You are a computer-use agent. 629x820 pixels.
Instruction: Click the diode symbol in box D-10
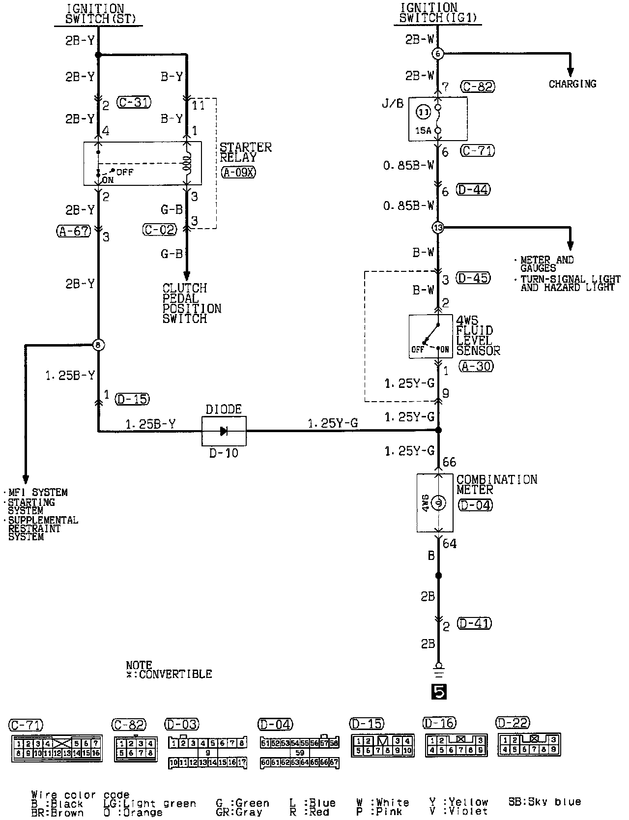[224, 431]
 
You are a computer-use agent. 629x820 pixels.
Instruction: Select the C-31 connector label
[134, 102]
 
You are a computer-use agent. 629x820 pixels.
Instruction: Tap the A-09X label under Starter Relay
[238, 172]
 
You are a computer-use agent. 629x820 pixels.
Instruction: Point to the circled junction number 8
[98, 345]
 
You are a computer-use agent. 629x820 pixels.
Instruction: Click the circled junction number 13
[437, 228]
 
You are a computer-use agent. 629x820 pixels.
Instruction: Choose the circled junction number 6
[437, 54]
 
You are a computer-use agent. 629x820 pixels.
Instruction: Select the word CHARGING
[572, 84]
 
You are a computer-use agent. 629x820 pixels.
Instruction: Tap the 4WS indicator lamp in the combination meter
[438, 503]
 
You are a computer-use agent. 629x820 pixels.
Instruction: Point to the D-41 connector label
[474, 623]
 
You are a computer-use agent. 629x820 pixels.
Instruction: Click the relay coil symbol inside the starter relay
[187, 163]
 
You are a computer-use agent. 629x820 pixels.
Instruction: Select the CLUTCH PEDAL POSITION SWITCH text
[192, 303]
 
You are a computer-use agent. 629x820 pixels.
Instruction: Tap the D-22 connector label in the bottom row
[514, 723]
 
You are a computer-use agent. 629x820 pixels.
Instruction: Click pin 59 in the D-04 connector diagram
[300, 753]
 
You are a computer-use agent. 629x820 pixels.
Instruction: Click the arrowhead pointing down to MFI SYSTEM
[26, 479]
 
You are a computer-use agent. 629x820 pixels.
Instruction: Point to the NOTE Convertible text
[169, 670]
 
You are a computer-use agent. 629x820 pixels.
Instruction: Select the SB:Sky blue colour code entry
[544, 802]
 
